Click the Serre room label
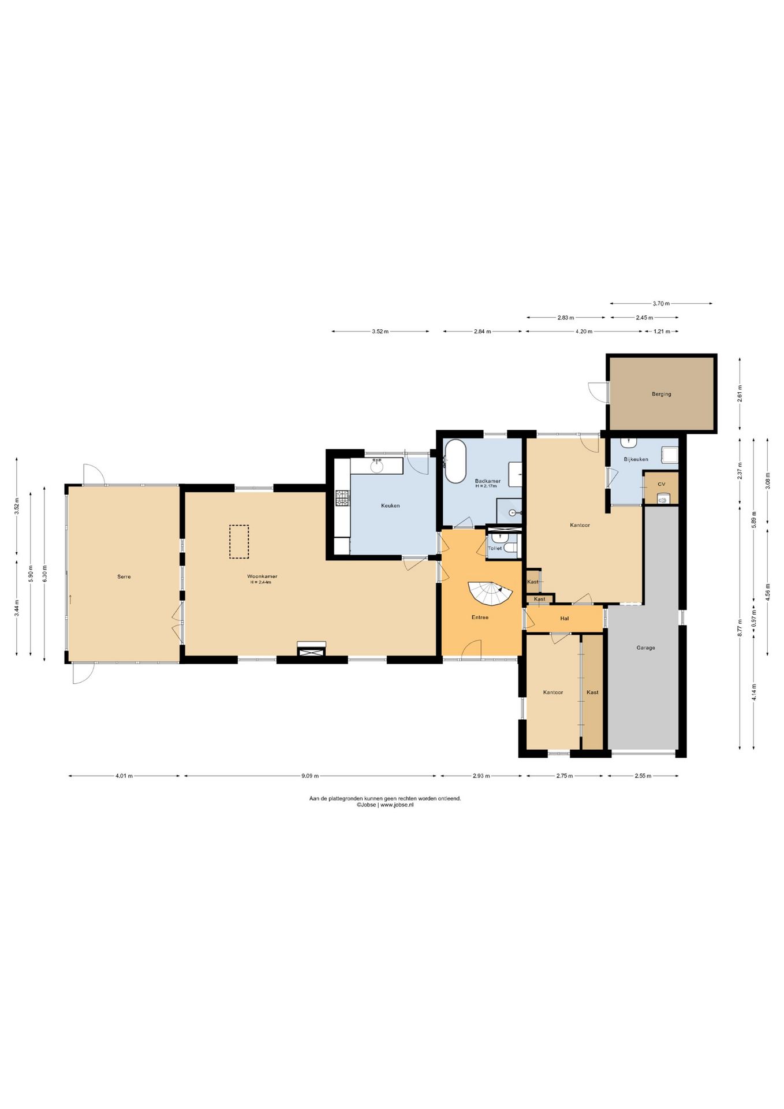pyautogui.click(x=124, y=576)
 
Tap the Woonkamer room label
pyautogui.click(x=262, y=576)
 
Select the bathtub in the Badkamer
pyautogui.click(x=455, y=461)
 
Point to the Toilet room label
pyautogui.click(x=495, y=548)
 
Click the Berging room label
pyautogui.click(x=662, y=394)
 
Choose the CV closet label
pyautogui.click(x=662, y=484)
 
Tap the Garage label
pyautogui.click(x=646, y=647)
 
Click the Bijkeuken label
pyautogui.click(x=636, y=459)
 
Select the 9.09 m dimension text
pyautogui.click(x=310, y=776)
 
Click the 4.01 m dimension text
pyautogui.click(x=124, y=776)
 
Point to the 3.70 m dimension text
pyautogui.click(x=661, y=303)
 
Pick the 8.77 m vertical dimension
pyautogui.click(x=740, y=628)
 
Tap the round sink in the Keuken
pyautogui.click(x=377, y=466)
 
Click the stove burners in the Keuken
pyautogui.click(x=343, y=498)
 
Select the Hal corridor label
pyautogui.click(x=565, y=618)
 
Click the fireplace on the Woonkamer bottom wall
pyautogui.click(x=312, y=650)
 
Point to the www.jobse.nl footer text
pyautogui.click(x=397, y=805)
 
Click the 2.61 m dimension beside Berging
pyautogui.click(x=740, y=393)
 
